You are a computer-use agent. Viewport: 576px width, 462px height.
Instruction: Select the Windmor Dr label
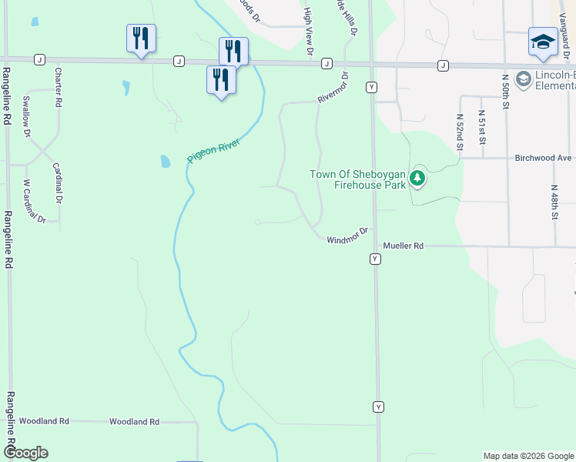(x=349, y=235)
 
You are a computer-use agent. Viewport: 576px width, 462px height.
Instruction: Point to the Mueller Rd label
(x=404, y=246)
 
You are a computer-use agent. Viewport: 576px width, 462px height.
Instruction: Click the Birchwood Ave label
(x=544, y=158)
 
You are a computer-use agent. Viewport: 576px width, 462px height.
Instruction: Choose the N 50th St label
(x=506, y=92)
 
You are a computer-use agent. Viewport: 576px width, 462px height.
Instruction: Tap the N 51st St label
(x=482, y=127)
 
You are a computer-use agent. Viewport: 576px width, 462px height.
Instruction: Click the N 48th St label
(x=554, y=203)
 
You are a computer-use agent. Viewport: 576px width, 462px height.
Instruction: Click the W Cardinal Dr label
(x=34, y=201)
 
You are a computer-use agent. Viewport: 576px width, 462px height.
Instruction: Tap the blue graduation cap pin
(x=543, y=42)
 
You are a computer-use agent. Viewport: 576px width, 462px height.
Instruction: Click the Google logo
(x=25, y=453)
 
